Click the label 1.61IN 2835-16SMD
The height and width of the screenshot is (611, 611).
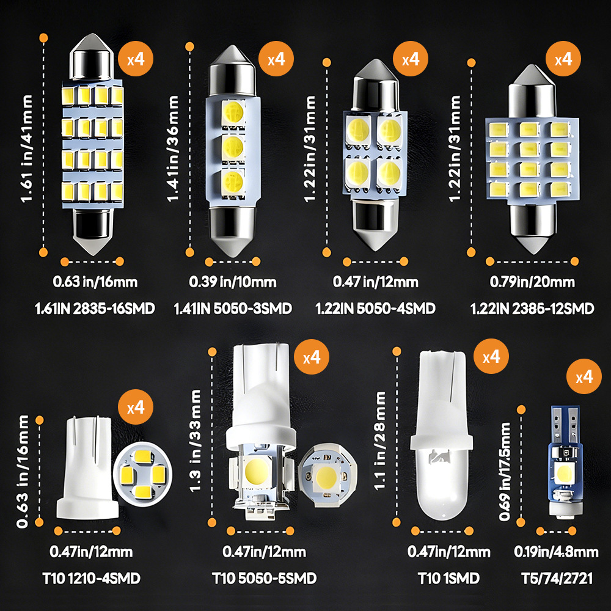[x=95, y=309]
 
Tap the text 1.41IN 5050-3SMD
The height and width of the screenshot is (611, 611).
[x=233, y=309]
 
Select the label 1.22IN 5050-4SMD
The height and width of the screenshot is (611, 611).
[x=375, y=309]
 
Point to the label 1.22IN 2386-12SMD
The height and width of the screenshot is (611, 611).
[x=532, y=309]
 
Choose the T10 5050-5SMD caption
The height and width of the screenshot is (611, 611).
[x=264, y=578]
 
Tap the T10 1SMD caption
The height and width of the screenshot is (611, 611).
[x=448, y=578]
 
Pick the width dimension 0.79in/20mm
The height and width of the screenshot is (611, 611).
[x=532, y=282]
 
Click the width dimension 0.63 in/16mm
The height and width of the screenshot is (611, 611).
[x=95, y=282]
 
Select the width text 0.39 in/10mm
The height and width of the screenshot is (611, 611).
[x=232, y=282]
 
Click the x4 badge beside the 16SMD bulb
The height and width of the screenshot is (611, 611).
[x=136, y=59]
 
